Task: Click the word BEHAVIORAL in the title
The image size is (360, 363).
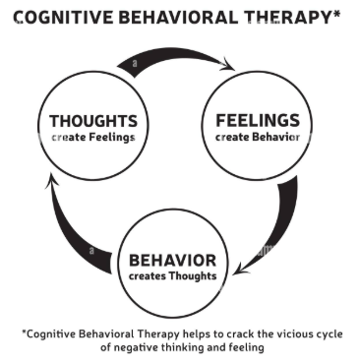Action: click(169, 17)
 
